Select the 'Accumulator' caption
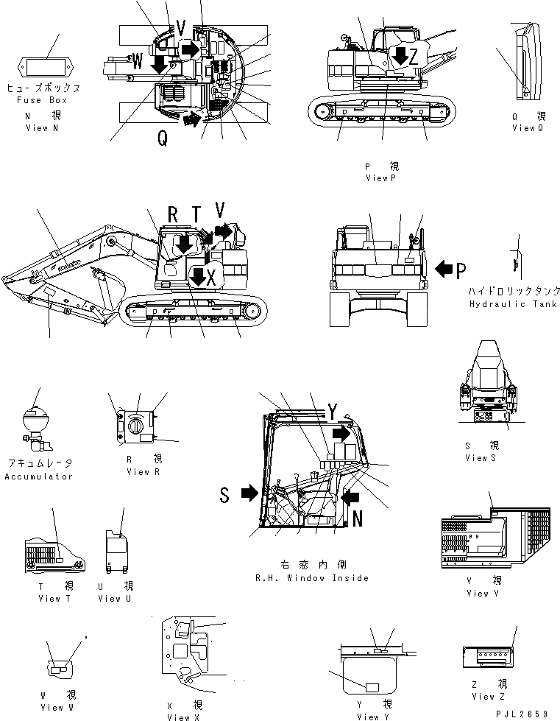39,476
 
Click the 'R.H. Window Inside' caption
312,578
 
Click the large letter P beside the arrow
461,270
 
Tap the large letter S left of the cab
225,494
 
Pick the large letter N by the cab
357,518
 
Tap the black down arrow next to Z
400,54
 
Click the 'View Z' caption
489,697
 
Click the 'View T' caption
54,599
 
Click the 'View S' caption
481,458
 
